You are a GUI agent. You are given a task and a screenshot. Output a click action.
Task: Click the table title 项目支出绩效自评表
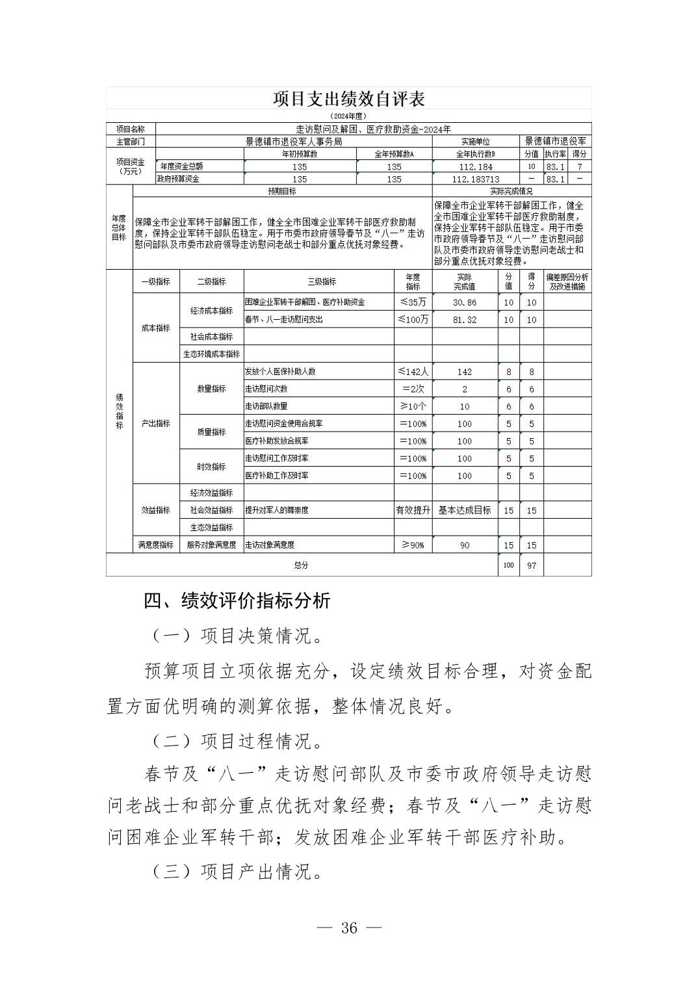[x=348, y=99]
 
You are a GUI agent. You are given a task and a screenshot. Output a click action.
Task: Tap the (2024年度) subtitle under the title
[x=348, y=116]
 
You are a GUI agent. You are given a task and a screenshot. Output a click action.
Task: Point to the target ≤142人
[x=413, y=372]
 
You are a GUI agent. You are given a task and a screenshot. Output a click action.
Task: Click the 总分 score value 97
[x=531, y=565]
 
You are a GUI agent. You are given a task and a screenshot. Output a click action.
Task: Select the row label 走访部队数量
[x=266, y=406]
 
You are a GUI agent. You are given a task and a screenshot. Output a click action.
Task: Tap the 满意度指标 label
[x=156, y=545]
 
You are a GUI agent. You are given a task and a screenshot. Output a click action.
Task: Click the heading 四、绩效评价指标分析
[x=237, y=601]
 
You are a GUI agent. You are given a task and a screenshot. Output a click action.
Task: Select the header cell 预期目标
[x=281, y=192]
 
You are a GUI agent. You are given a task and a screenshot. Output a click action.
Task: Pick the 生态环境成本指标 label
[x=211, y=354]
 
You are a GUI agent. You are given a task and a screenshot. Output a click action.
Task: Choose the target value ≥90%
[x=413, y=545]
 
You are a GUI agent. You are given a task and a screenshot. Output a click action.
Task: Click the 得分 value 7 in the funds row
[x=579, y=167]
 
